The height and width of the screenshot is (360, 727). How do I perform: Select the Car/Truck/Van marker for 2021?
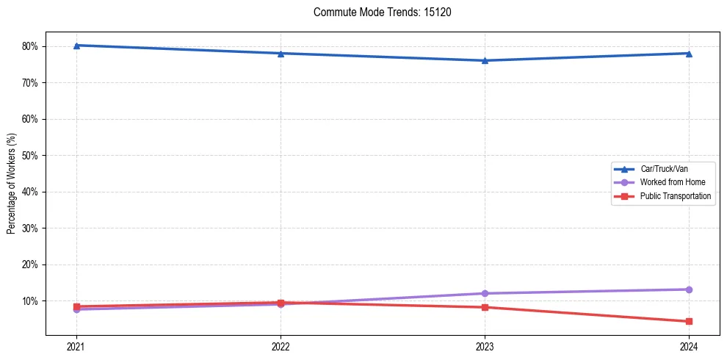[76, 46]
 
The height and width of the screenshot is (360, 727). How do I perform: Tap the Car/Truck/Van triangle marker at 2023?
[485, 60]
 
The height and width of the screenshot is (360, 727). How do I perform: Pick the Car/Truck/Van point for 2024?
[689, 53]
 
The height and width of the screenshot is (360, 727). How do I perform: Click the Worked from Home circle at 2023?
[485, 293]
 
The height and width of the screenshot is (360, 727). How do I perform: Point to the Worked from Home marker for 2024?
[689, 289]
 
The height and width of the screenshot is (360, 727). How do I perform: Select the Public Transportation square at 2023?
[485, 307]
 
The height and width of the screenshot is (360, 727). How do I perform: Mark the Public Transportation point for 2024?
[689, 321]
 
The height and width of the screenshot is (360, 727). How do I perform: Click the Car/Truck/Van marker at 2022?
[281, 53]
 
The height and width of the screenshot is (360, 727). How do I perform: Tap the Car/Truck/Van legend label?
[664, 168]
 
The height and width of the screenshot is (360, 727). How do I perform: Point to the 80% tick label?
[30, 46]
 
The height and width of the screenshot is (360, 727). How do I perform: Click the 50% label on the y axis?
[30, 156]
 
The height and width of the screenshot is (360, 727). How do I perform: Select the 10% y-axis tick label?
[30, 301]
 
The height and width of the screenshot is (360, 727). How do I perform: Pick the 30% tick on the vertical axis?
[30, 228]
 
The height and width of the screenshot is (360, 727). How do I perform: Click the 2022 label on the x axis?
[281, 347]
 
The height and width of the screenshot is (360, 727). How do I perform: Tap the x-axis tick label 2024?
[689, 347]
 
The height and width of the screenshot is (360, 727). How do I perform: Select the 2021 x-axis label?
[76, 347]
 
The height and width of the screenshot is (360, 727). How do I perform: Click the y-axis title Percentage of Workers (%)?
[12, 184]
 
